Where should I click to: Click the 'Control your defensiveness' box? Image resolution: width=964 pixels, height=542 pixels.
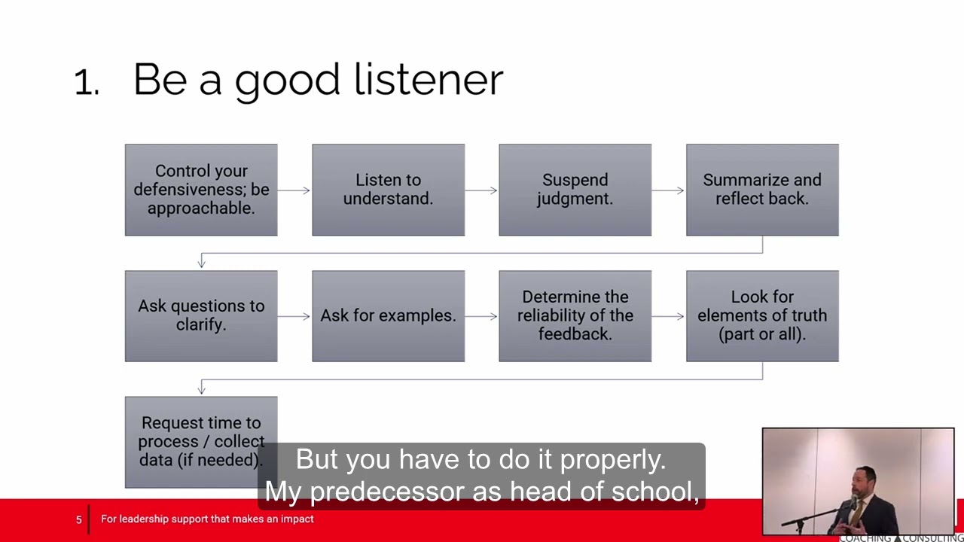[x=201, y=190]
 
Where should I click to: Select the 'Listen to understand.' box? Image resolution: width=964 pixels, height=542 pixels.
[x=388, y=190]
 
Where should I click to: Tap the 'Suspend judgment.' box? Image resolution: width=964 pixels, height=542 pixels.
[x=575, y=190]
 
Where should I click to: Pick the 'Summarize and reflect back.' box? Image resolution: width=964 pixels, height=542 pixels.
[x=762, y=190]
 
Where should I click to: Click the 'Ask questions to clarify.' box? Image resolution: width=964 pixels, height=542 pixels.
[x=201, y=315]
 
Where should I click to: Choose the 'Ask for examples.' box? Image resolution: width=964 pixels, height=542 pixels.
[x=388, y=315]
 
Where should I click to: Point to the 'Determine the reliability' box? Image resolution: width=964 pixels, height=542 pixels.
[x=575, y=315]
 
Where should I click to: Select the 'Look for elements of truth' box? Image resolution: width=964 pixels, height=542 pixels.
[x=762, y=315]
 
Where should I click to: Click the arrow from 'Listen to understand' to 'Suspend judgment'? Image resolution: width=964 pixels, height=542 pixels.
[x=481, y=190]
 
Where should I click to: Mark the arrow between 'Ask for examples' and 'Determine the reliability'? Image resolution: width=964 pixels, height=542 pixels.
[x=481, y=316]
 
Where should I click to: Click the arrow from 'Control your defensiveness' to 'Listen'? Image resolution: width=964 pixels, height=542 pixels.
[x=294, y=190]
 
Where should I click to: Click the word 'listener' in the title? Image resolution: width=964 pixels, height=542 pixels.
[x=428, y=79]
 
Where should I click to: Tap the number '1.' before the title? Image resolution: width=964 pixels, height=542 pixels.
[x=87, y=83]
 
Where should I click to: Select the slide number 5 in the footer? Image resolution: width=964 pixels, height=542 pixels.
[x=78, y=519]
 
